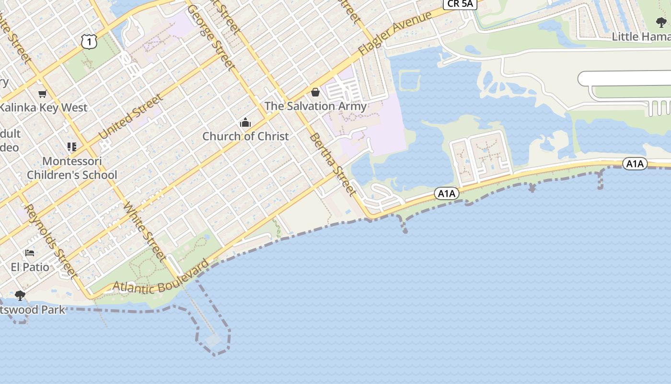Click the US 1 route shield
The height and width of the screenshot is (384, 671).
(89, 42)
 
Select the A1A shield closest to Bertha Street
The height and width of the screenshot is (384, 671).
(446, 193)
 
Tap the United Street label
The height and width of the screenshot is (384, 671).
(130, 118)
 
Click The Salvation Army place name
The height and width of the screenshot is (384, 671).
(315, 106)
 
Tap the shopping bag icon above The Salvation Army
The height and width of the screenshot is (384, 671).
(315, 92)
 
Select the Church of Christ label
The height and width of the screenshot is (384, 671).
(245, 136)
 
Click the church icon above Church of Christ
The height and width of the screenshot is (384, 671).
(245, 123)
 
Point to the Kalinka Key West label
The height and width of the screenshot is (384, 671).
(44, 108)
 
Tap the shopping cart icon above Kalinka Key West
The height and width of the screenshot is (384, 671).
(43, 94)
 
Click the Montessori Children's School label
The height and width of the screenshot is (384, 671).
(72, 168)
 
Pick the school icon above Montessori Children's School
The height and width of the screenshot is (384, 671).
(72, 147)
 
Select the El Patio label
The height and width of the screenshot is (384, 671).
(30, 267)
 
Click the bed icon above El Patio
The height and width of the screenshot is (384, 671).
(30, 253)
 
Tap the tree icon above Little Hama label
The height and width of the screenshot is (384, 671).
(661, 23)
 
